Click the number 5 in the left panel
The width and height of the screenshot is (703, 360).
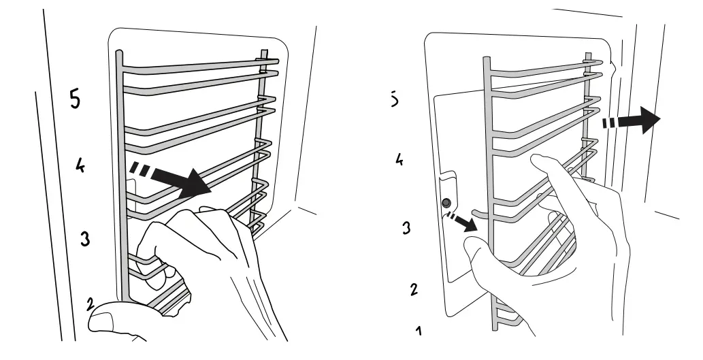click(75, 99)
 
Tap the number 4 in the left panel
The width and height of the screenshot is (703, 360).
click(80, 165)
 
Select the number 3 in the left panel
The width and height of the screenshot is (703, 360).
click(85, 239)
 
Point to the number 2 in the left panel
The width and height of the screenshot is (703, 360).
click(89, 304)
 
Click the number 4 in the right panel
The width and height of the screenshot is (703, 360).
click(401, 159)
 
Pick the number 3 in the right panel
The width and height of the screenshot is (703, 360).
click(406, 227)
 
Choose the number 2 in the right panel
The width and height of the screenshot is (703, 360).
click(413, 289)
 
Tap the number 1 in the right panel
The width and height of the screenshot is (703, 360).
click(419, 331)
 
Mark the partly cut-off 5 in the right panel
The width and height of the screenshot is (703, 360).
click(395, 99)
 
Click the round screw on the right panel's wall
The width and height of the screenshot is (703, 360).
click(446, 203)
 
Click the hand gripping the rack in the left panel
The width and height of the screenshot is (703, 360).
click(204, 252)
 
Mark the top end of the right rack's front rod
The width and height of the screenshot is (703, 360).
click(486, 60)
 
